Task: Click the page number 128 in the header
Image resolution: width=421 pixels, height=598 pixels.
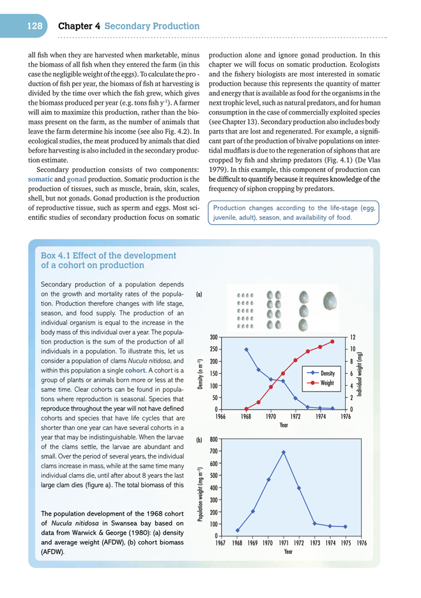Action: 34,26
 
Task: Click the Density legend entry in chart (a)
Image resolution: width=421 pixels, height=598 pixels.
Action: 328,372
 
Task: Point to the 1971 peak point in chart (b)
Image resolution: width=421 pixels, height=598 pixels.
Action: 284,452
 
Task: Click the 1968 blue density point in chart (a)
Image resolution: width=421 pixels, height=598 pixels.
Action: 247,349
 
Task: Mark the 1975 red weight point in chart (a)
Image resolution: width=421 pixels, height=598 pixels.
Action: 332,341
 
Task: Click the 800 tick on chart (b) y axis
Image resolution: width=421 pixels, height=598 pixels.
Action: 213,440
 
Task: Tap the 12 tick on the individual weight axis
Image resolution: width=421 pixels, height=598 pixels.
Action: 353,337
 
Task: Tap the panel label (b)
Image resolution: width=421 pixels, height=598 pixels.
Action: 199,440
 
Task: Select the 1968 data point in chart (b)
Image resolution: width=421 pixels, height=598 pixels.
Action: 238,530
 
